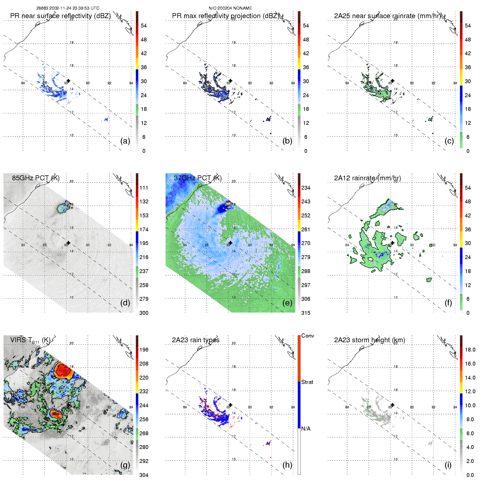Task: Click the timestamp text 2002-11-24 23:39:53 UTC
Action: click(74, 8)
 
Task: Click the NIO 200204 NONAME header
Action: click(230, 8)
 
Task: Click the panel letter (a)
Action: click(125, 141)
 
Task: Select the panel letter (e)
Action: click(287, 303)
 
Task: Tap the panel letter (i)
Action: click(448, 465)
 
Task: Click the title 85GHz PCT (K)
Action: click(36, 178)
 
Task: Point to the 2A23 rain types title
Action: click(196, 340)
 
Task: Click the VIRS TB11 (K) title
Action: click(30, 340)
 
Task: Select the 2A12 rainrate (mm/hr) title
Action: click(367, 178)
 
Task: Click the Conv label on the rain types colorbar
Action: click(308, 336)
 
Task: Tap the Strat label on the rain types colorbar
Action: click(307, 382)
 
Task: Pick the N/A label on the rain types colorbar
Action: click(306, 429)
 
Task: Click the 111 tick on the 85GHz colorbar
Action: click(144, 188)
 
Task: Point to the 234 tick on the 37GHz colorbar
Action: click(306, 188)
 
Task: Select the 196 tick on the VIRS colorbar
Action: click(144, 350)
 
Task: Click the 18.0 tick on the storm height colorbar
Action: click(470, 350)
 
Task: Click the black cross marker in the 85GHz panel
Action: click(68, 243)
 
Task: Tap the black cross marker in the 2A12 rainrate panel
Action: click(392, 243)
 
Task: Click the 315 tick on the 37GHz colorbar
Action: click(306, 313)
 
